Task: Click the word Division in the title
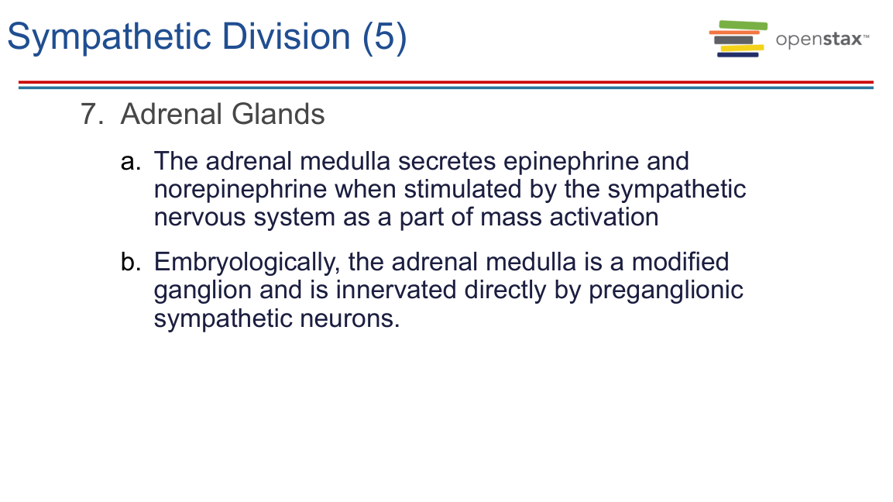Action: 286,36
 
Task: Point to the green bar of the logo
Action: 744,25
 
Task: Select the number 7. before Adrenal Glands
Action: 92,114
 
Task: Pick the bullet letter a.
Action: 130,162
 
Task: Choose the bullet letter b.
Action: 130,262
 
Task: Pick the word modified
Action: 680,262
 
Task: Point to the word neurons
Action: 349,318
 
